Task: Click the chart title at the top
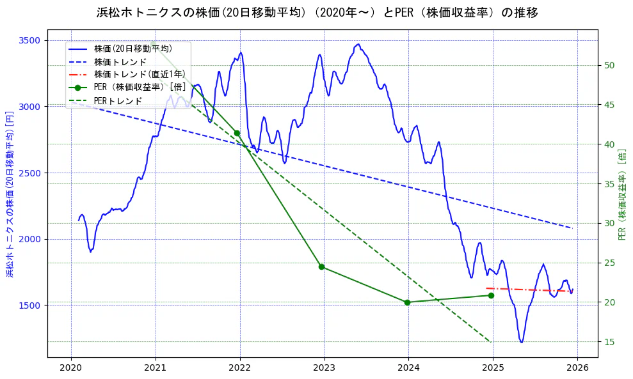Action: point(317,13)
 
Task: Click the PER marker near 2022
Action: point(237,133)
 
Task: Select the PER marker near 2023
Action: point(321,267)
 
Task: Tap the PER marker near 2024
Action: point(407,302)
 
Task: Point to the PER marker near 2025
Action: point(491,295)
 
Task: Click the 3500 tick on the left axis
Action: point(29,40)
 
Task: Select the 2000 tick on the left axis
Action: point(29,239)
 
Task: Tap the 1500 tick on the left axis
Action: point(29,306)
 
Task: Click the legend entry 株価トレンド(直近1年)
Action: point(140,74)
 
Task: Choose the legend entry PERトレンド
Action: point(118,101)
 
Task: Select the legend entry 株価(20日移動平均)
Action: point(132,48)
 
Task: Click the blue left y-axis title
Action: point(10,194)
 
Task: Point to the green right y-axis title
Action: point(623,194)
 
